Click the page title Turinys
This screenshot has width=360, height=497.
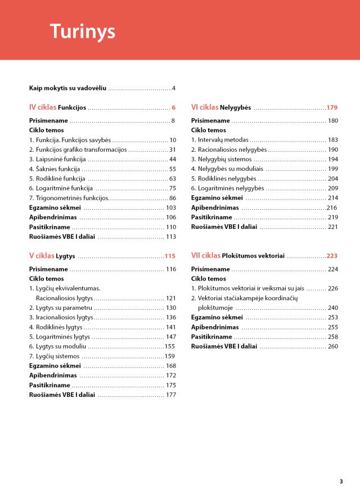82,31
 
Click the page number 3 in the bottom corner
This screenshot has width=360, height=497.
341,481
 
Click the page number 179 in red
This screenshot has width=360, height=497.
332,107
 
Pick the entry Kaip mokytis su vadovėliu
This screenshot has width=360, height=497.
67,88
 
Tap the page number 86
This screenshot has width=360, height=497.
172,198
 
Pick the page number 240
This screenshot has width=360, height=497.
333,308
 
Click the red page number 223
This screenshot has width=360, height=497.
332,256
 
